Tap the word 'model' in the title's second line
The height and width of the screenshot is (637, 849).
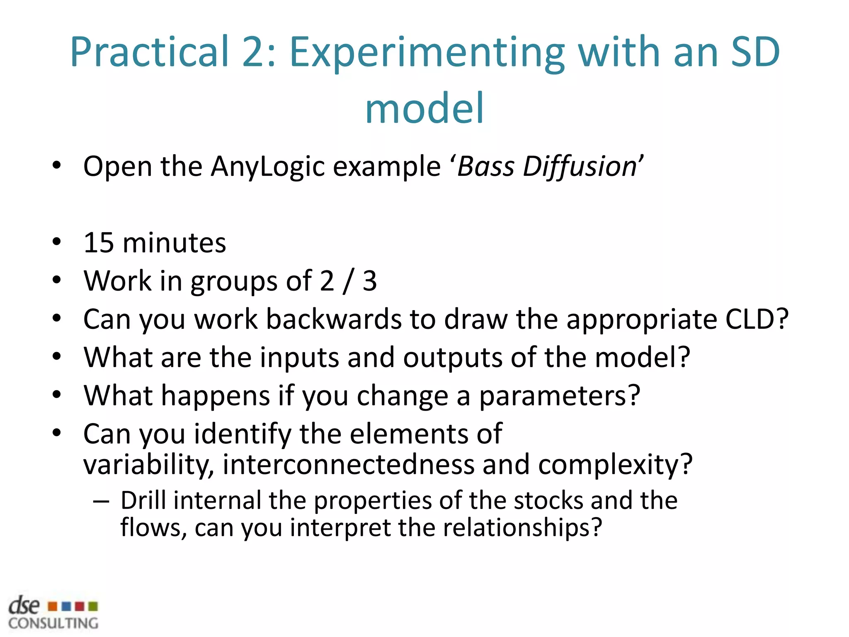(x=424, y=109)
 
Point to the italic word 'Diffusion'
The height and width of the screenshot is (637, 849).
(x=580, y=167)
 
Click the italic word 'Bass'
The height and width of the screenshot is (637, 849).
(x=485, y=167)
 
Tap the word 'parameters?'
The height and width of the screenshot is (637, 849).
(x=560, y=396)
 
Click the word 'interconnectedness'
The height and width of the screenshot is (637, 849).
(x=349, y=464)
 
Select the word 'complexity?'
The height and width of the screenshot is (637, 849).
(x=616, y=464)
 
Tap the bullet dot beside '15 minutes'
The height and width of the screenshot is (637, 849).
(x=57, y=242)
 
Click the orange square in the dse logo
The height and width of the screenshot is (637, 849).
(x=53, y=607)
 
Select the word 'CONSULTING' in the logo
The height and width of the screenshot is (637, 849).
(x=53, y=623)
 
